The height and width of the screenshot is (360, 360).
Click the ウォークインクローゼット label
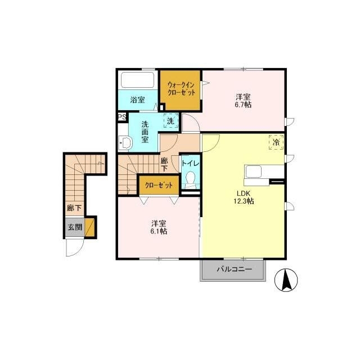coord(181,89)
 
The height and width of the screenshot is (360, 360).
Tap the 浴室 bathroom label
coord(138,100)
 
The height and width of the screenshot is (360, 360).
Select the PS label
coord(121,117)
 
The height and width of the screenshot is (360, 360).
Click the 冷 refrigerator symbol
coord(276,142)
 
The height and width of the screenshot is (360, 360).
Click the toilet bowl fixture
coord(191,180)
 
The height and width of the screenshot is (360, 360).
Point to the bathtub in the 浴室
coord(138,80)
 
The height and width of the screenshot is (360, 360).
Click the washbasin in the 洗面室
coord(124,144)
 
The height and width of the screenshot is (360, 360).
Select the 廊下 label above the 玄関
coord(74,208)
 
